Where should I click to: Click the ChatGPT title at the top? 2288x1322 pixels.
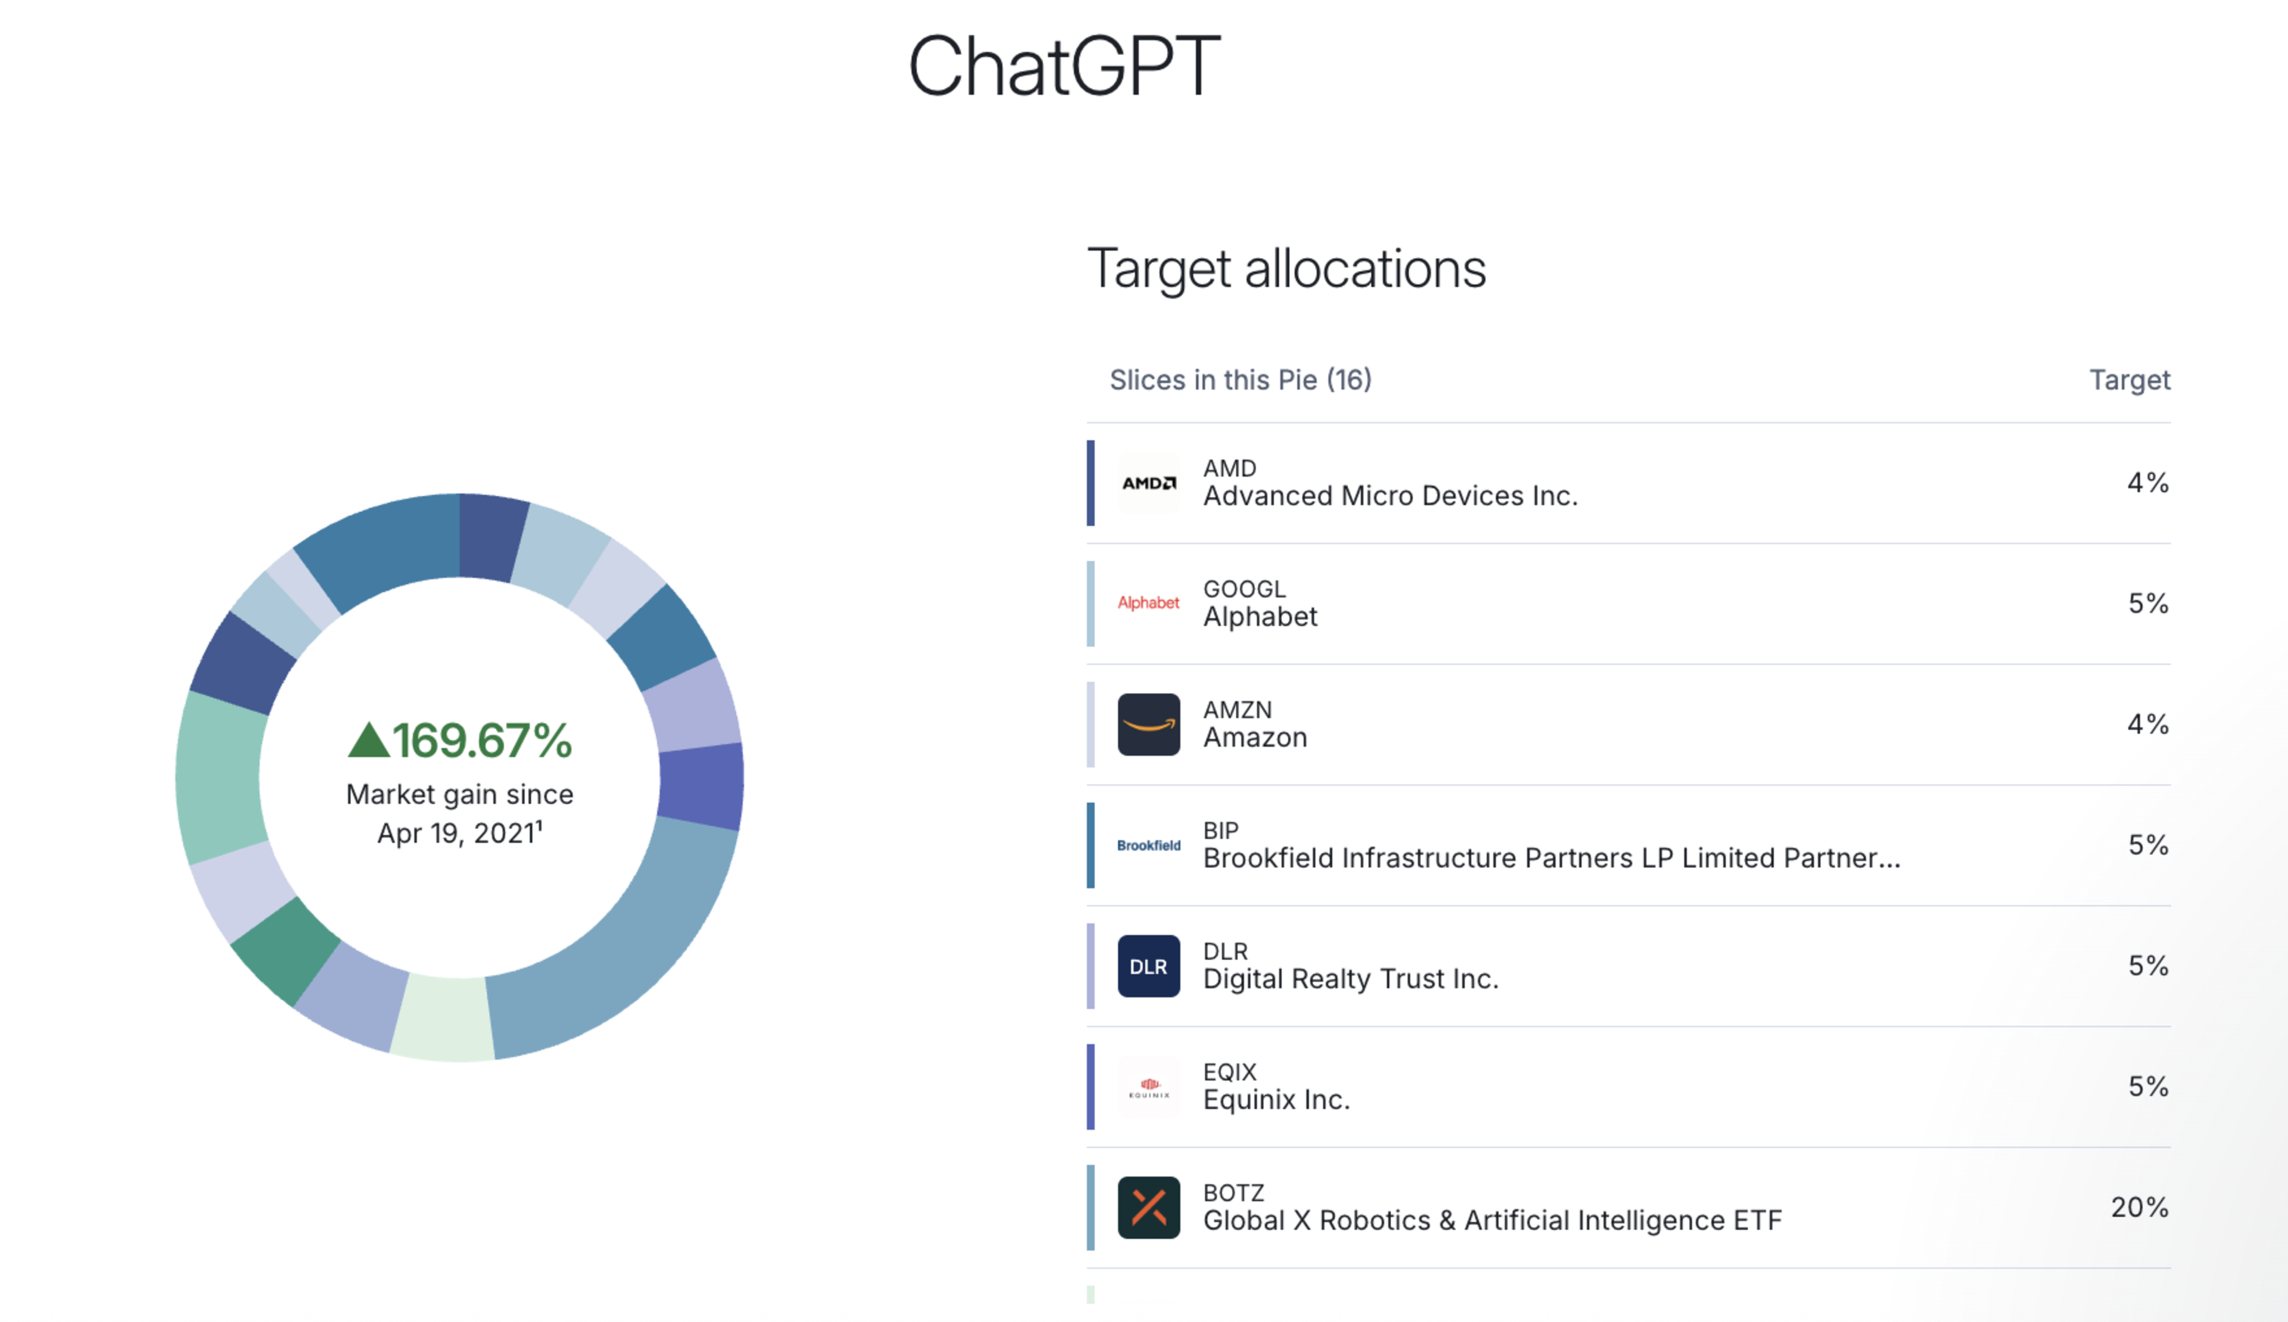1064,66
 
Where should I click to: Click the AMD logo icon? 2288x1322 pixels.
1149,483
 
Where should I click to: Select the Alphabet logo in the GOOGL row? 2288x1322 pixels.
1149,603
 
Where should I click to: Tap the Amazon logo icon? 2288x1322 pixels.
1149,724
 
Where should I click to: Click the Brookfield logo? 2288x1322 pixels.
1149,845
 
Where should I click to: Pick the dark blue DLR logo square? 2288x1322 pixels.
1149,966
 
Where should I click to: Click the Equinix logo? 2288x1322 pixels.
1149,1087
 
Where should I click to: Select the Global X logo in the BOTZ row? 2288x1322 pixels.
1149,1208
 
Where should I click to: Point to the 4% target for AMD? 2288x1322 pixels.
2147,483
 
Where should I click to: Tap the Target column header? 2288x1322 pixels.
2129,380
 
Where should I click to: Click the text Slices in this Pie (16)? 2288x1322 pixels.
1241,380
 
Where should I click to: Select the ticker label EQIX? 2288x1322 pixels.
1229,1072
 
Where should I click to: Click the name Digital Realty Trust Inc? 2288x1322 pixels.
1350,979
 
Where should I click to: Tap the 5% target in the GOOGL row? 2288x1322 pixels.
2147,603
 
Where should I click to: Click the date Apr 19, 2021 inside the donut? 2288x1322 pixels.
459,833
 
